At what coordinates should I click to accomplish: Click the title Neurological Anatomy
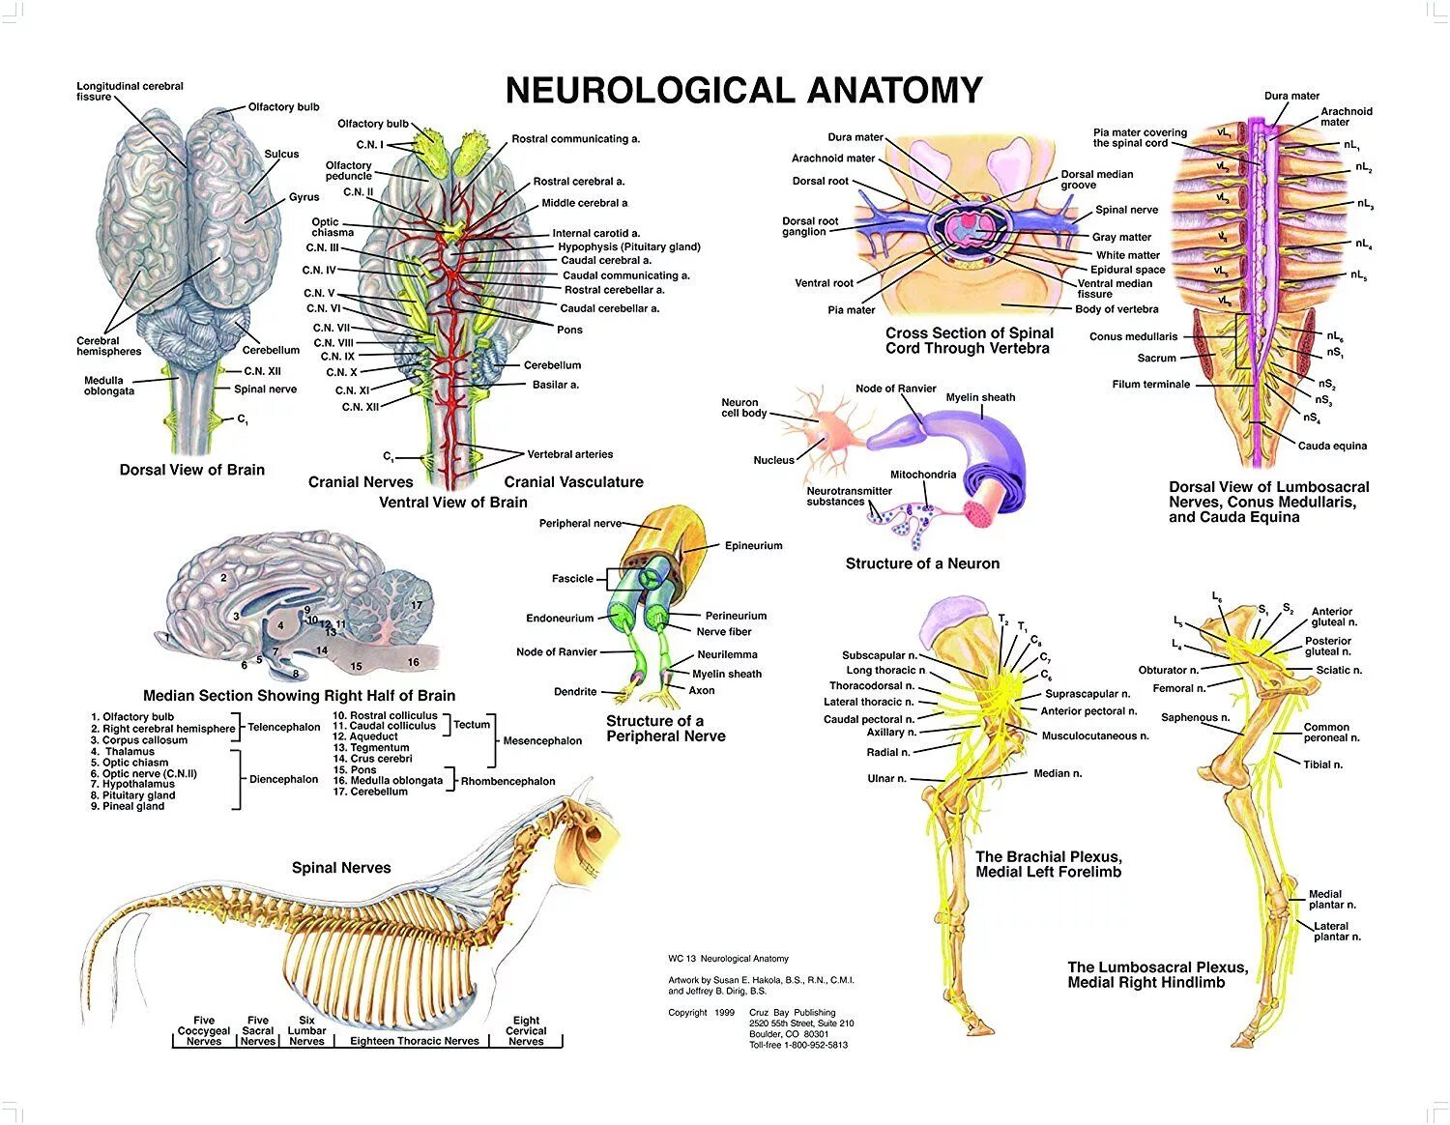point(743,90)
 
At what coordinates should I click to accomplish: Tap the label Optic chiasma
point(332,227)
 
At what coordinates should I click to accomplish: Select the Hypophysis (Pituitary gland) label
point(628,246)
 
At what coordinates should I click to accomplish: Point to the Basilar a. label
point(555,385)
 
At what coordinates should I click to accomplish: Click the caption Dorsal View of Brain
point(191,470)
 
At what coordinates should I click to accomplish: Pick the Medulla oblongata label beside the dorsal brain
point(109,386)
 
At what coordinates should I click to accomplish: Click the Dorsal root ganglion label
point(810,226)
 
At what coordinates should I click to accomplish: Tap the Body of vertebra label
point(1116,309)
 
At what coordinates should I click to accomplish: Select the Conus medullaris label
point(1133,336)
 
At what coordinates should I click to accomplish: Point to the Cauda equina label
point(1332,446)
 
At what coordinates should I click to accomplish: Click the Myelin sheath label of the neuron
point(980,397)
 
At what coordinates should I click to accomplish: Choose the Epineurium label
point(753,545)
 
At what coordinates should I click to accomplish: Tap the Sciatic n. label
point(1339,670)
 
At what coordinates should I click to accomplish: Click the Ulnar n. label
point(886,778)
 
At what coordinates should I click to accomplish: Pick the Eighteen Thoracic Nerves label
point(415,1041)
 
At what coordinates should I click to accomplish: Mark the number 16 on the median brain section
point(413,662)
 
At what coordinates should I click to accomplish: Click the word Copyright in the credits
point(687,1013)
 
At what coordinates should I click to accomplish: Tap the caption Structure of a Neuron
point(922,563)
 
